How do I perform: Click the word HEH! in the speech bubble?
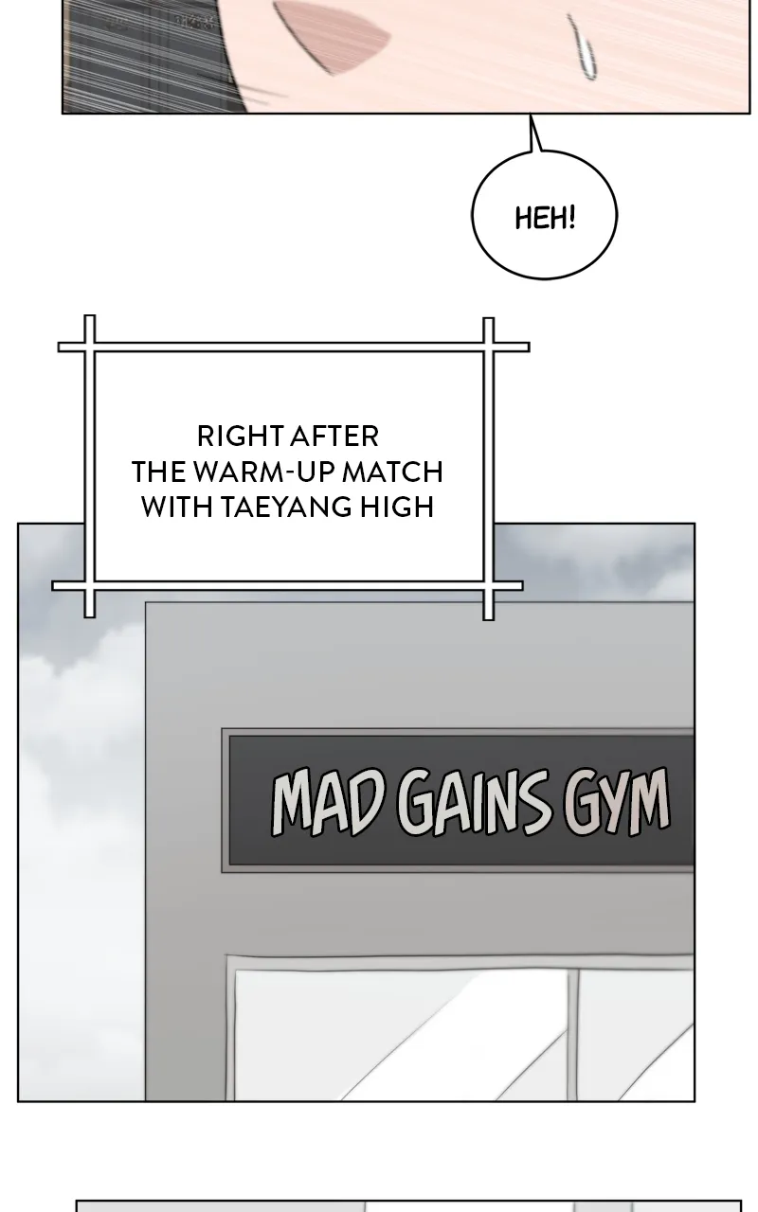(x=545, y=218)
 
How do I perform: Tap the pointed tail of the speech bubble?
(x=531, y=116)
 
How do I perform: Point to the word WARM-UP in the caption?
(x=265, y=472)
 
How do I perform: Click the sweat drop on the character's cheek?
(x=583, y=46)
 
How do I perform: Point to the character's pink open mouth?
(x=332, y=32)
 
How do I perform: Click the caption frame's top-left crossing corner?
(x=90, y=347)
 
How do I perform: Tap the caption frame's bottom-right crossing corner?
(x=488, y=586)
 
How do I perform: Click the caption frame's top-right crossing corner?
(x=488, y=347)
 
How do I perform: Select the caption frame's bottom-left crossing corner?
(x=90, y=586)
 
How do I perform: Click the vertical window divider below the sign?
(x=573, y=1034)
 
